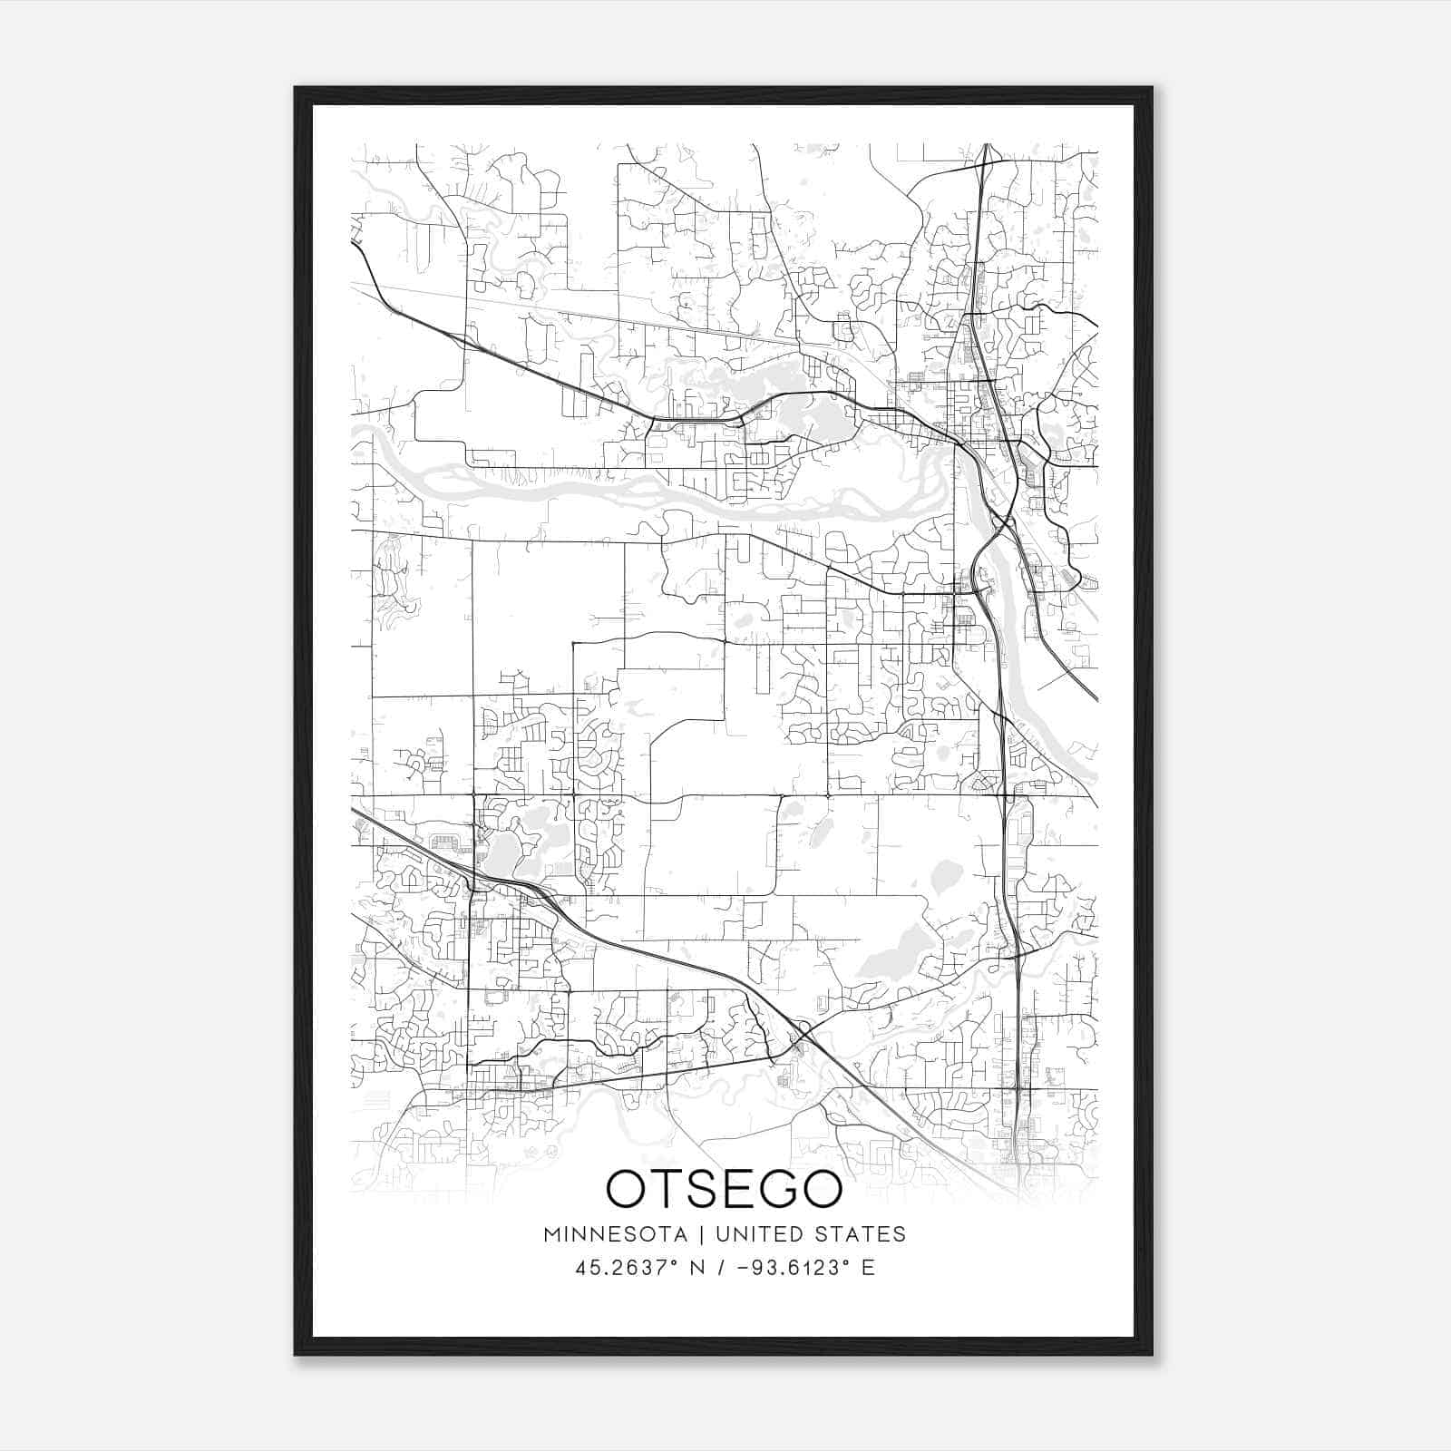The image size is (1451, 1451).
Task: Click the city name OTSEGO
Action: tap(724, 1188)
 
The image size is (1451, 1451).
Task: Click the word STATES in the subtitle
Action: tap(862, 1234)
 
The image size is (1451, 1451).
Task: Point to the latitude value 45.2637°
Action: tap(627, 1268)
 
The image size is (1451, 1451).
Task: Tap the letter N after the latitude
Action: tap(697, 1268)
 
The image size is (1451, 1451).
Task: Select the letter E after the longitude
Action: tap(869, 1268)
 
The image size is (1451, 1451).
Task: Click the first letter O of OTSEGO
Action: tap(627, 1188)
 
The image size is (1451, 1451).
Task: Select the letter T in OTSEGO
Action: tap(666, 1188)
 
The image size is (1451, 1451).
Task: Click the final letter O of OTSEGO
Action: tap(818, 1188)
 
